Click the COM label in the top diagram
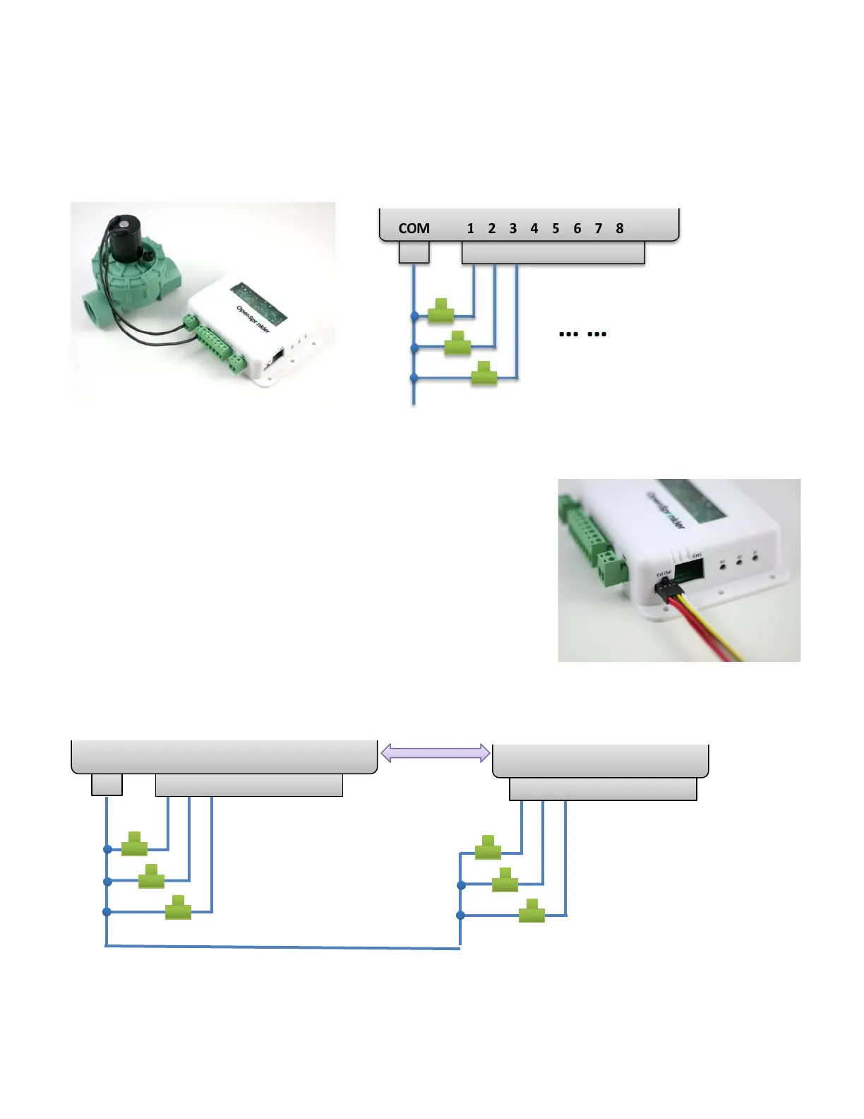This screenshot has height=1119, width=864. pos(414,228)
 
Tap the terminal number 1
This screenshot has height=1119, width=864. pos(470,228)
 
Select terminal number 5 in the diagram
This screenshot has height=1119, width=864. pos(556,228)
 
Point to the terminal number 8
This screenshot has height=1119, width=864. pos(619,228)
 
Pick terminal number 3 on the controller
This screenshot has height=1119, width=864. pos(512,228)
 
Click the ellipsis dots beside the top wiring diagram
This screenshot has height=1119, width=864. pos(582,334)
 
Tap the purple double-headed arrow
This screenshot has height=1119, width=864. pos(435,753)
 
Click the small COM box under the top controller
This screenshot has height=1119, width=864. pos(414,252)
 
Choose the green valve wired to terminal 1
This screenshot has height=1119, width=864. pos(441,311)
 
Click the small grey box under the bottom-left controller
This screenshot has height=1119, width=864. pos(107,784)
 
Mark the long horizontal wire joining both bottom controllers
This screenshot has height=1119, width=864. pos(282,947)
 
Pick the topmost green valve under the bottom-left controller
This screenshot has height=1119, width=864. pos(134,844)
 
